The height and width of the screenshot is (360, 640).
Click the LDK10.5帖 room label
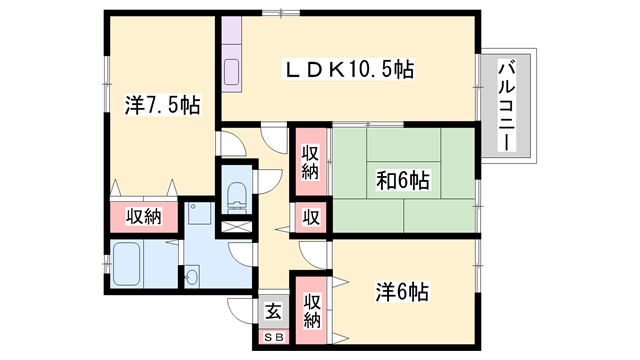[x=350, y=70]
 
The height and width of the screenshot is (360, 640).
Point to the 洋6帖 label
[x=402, y=293]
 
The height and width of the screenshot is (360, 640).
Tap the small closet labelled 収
[x=310, y=217]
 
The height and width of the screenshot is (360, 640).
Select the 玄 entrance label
[x=272, y=310]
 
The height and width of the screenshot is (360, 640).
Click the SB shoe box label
[x=272, y=335]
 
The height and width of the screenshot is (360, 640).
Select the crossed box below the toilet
[x=236, y=224]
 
